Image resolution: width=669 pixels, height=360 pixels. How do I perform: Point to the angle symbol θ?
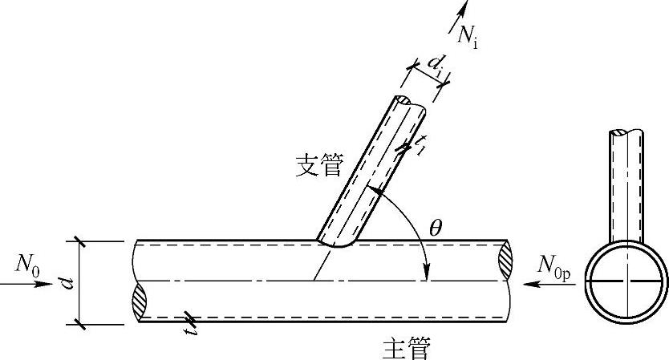436,228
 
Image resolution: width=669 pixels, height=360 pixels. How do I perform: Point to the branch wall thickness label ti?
420,145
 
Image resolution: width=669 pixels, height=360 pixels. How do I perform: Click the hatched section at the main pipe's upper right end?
505,261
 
